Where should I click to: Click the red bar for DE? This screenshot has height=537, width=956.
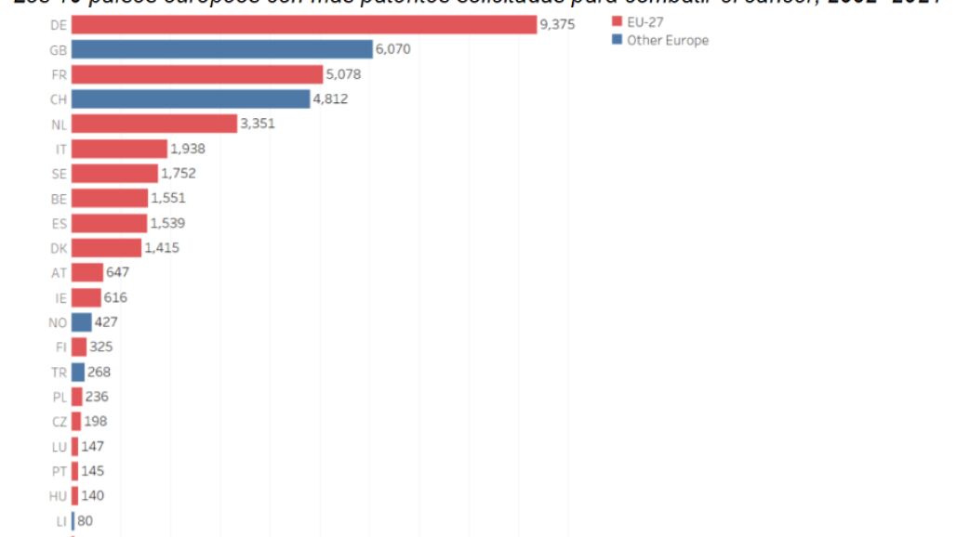tap(303, 24)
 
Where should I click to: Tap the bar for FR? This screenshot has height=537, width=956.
tap(196, 74)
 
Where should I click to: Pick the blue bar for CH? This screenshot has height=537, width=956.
tap(190, 98)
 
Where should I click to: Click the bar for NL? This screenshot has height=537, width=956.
tap(153, 124)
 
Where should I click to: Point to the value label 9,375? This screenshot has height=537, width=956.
tap(558, 24)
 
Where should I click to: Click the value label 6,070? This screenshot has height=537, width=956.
tap(392, 49)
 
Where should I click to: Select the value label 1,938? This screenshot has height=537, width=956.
tap(188, 149)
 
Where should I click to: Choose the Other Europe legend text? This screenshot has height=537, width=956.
tap(668, 40)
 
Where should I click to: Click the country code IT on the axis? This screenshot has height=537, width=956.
tap(61, 149)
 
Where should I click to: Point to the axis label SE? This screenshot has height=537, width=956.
tap(60, 174)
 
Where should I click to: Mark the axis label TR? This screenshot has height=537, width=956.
tap(60, 373)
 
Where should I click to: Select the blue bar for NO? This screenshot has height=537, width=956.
tap(81, 322)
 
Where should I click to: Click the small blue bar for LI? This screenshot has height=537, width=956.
tap(73, 521)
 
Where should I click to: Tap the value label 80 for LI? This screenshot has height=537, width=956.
tap(85, 521)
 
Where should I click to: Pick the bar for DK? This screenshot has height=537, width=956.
tap(106, 248)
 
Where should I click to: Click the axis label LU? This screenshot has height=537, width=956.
tap(60, 447)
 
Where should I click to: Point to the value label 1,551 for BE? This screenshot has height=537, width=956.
tap(168, 198)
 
